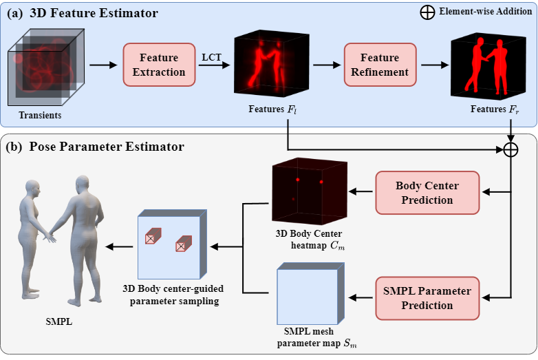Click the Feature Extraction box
point(154,65)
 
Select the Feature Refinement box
point(379,65)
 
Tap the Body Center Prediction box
point(427,193)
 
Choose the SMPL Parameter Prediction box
point(427,298)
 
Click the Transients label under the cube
point(41,116)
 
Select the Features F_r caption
point(493,109)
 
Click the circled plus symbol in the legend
point(427,13)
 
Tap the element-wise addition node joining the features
point(510,150)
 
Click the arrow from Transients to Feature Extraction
point(103,65)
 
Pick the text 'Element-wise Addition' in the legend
point(485,13)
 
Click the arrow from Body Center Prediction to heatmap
point(360,193)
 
